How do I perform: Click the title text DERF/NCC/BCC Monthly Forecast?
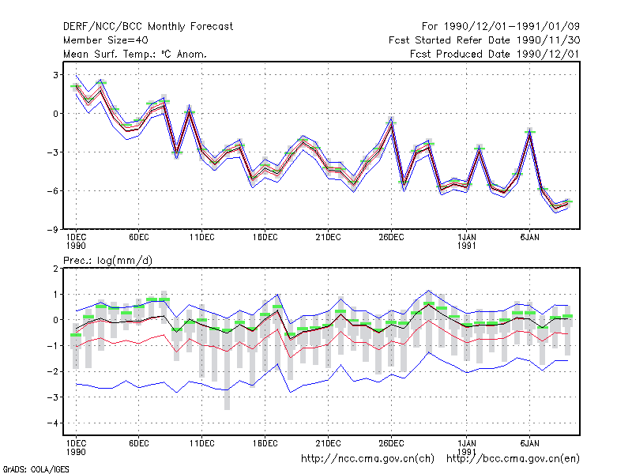coord(148,27)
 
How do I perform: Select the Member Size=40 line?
coord(106,40)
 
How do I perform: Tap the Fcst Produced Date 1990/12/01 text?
coord(495,54)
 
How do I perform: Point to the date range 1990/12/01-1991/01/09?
coord(512,27)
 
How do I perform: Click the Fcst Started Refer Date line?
coord(484,40)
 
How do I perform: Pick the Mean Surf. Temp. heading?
coord(135,54)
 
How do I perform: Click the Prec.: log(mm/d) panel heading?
coord(107,261)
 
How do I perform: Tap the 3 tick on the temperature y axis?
coord(55,75)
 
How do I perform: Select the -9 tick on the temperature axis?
coord(52,229)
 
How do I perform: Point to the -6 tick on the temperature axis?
coord(52,190)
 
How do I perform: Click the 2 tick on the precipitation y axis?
coord(55,269)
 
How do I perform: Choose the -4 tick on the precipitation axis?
coord(52,423)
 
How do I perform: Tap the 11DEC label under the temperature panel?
coord(202,238)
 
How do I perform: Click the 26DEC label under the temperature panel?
coord(391,238)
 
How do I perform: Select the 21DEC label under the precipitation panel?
coord(328,443)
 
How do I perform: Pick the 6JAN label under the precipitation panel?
coord(529,443)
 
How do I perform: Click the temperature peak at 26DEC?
coord(391,123)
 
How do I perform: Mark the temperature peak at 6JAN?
coord(529,132)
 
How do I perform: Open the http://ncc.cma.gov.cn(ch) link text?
coord(367,459)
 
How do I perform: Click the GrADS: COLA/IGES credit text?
coord(36,469)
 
